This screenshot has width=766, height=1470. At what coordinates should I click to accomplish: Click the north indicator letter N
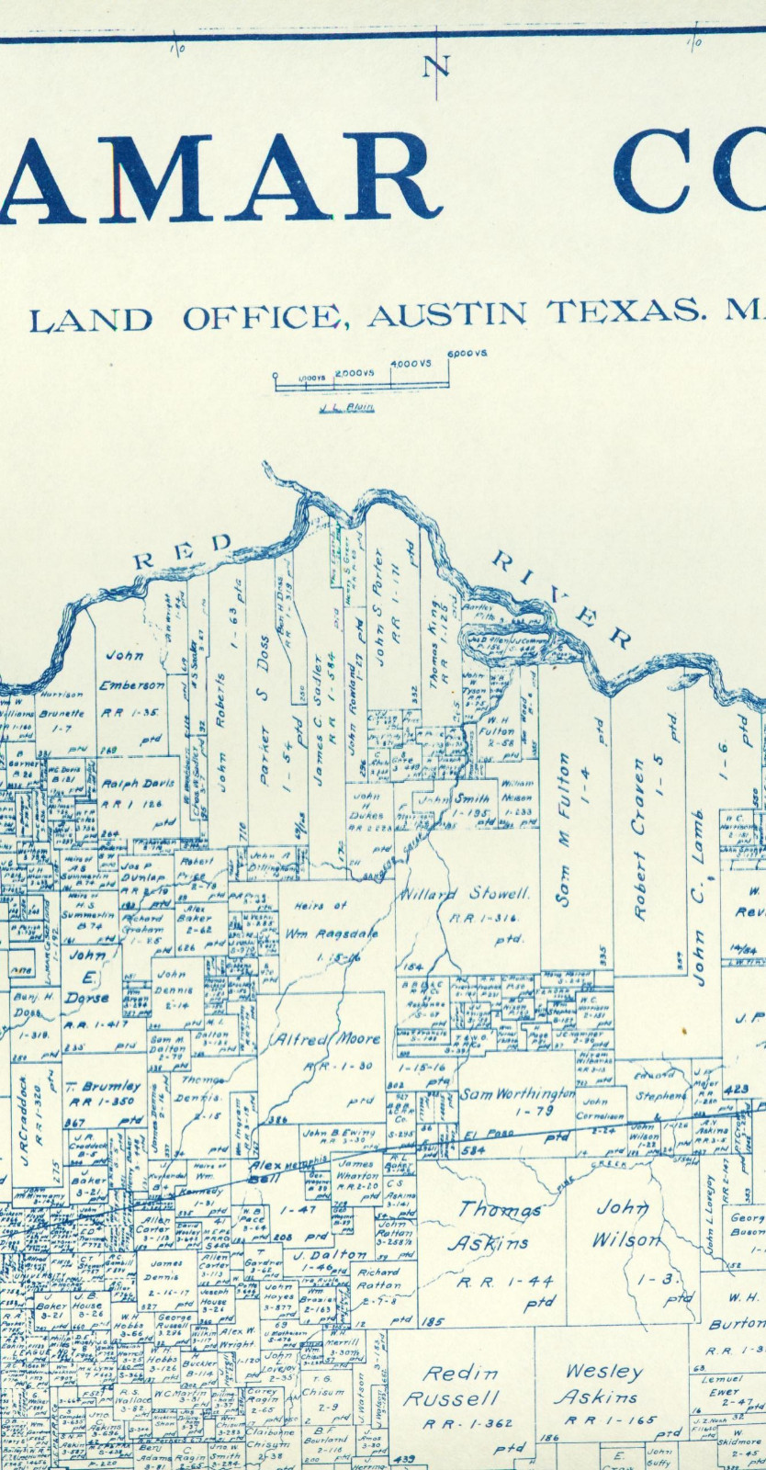pyautogui.click(x=438, y=66)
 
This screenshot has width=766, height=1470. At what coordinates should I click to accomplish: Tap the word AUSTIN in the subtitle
pyautogui.click(x=447, y=315)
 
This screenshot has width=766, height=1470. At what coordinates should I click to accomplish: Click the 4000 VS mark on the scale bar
pyautogui.click(x=411, y=364)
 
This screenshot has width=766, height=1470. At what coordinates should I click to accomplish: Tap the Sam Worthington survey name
pyautogui.click(x=517, y=1094)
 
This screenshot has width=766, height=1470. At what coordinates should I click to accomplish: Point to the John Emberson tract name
pyautogui.click(x=133, y=671)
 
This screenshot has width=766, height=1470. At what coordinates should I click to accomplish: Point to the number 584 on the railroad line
pyautogui.click(x=474, y=1149)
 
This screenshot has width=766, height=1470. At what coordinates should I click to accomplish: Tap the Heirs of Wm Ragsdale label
pyautogui.click(x=321, y=919)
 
